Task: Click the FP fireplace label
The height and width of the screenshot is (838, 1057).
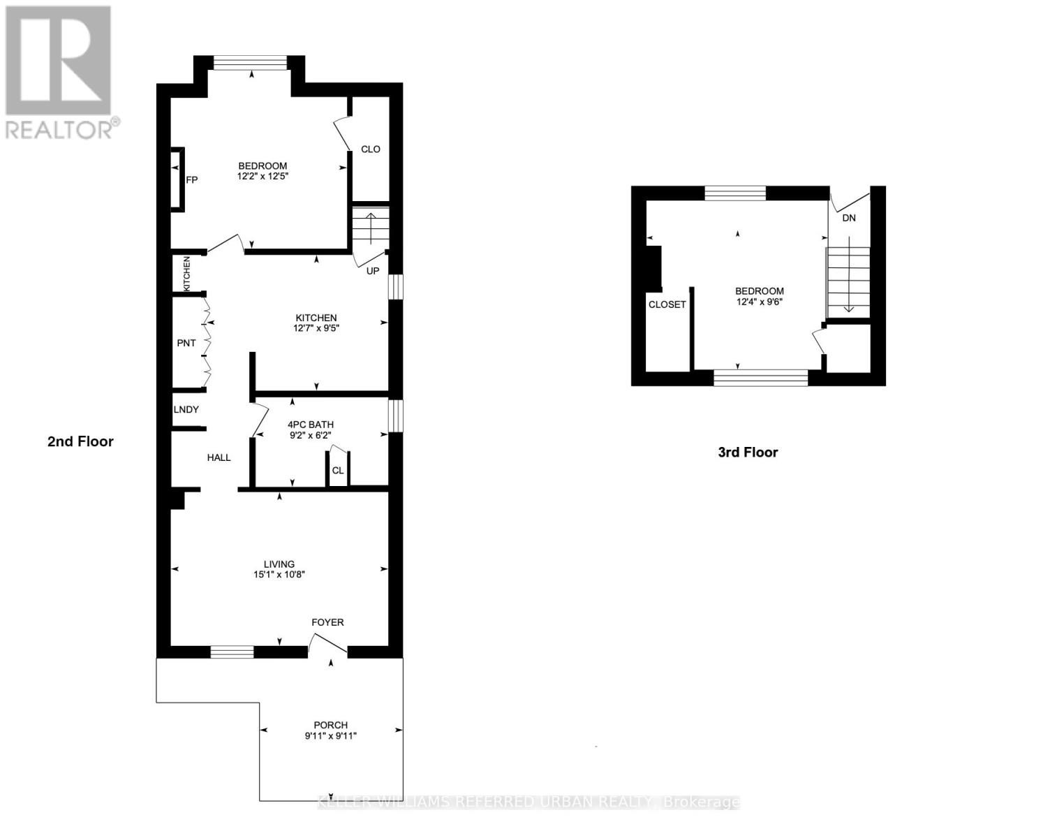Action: (x=192, y=179)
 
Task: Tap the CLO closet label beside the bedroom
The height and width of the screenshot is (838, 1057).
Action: (x=370, y=149)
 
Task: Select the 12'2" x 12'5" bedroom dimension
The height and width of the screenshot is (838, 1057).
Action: (x=263, y=177)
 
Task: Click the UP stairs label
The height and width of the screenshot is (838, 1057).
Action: (x=373, y=270)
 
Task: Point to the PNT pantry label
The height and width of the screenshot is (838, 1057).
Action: (x=186, y=343)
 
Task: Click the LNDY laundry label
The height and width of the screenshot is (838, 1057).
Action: (x=186, y=409)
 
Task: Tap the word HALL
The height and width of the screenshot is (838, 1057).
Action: (x=219, y=457)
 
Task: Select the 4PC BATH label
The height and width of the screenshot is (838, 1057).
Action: (x=311, y=424)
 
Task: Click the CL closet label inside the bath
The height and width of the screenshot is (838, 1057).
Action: (x=338, y=471)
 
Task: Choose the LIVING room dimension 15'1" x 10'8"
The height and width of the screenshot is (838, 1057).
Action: (x=279, y=575)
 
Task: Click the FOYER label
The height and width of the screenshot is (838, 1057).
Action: (x=327, y=622)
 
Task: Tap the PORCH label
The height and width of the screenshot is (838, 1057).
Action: (x=331, y=725)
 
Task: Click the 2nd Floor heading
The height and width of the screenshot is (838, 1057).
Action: (x=80, y=441)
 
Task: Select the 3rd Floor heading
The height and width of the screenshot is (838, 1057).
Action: (x=748, y=452)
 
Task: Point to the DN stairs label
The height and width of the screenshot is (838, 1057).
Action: (x=849, y=218)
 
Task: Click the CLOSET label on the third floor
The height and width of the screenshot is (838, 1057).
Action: (x=667, y=304)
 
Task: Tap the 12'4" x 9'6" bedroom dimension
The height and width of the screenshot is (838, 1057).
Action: (x=760, y=302)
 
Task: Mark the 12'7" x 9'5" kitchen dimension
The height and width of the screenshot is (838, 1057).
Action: (x=316, y=328)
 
